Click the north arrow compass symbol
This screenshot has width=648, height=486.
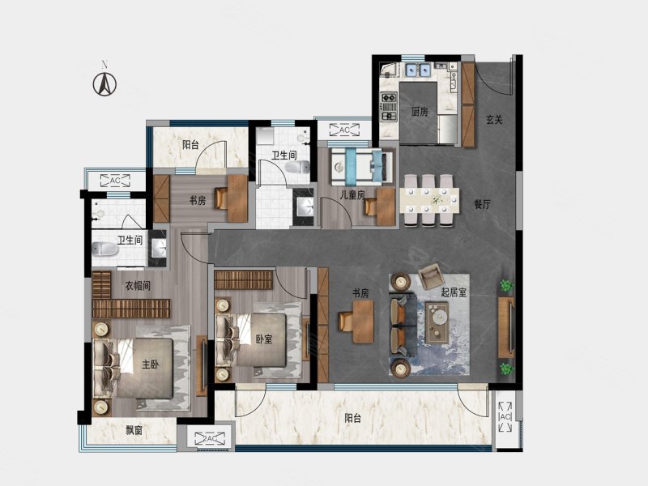coord(104,84)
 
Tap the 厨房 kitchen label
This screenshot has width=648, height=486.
coord(420,111)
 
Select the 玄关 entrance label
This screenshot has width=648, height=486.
coord(494,120)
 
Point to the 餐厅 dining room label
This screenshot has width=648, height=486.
coord(482,204)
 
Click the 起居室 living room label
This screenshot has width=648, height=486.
coord(454,292)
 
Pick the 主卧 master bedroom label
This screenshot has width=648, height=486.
coord(150,364)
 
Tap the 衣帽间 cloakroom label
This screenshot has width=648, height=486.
coord(138,286)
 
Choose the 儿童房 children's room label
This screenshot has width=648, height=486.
coord(352,194)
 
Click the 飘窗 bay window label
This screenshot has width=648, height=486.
coord(134,431)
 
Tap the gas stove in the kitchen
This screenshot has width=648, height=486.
coord(389,107)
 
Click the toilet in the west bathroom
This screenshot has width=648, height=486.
coord(104,249)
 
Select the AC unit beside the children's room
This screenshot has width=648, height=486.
coord(344,130)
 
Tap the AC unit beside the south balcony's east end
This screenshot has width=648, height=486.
coord(505,416)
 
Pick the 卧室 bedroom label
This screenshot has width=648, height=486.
coord(264,339)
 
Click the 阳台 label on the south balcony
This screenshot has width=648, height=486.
coord(352,418)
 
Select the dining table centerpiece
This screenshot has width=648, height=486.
coord(437,200)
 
